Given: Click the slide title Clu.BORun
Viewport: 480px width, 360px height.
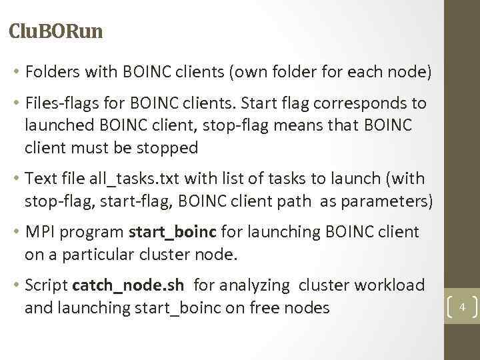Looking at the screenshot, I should click(x=57, y=31).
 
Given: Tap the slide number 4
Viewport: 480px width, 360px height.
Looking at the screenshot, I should click(x=461, y=307).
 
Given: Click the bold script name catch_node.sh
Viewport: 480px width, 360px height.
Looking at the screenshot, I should click(x=128, y=285).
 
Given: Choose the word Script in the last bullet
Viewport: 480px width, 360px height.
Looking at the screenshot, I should click(x=46, y=285).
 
